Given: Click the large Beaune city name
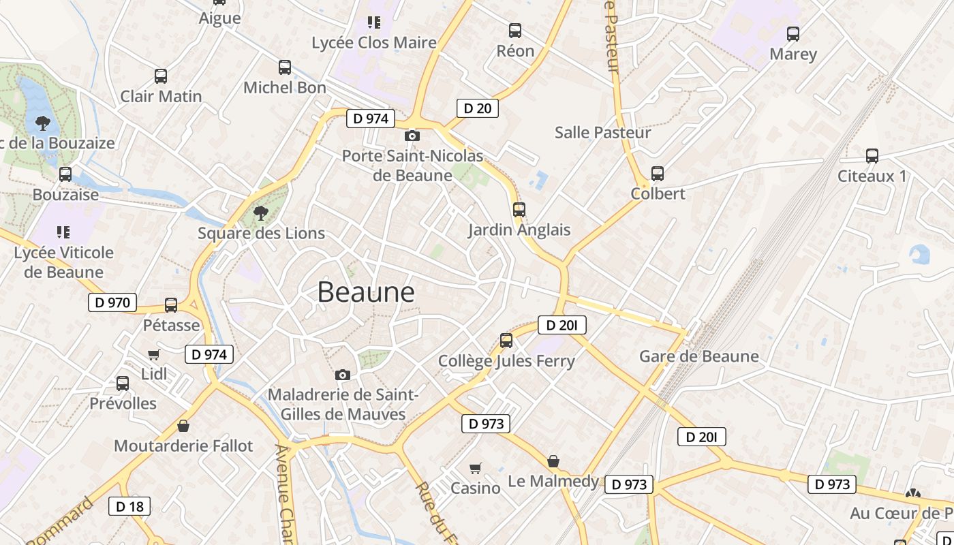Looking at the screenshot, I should click(366, 292).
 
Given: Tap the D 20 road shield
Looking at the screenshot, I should click(477, 108).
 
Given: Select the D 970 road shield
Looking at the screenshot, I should click(112, 302).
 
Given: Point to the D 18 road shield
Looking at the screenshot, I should click(129, 506).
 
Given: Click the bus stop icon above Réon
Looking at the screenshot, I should click(515, 31).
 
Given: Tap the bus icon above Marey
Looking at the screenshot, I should click(793, 33).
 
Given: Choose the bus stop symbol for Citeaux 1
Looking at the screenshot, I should click(872, 156).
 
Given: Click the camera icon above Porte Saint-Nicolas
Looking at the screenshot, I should click(412, 136).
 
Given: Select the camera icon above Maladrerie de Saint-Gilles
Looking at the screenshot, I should click(343, 375).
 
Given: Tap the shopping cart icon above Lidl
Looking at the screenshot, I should click(154, 354).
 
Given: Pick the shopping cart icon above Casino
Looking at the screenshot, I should click(476, 468).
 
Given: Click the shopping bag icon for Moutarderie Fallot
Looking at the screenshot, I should click(183, 426).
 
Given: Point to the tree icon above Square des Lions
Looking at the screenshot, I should click(260, 213).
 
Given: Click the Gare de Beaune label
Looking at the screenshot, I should click(698, 356).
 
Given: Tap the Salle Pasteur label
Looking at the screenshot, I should click(602, 132).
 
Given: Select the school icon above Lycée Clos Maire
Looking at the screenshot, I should click(373, 22).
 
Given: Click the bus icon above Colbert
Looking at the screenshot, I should click(657, 174).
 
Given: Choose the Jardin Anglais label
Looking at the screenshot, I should click(519, 230).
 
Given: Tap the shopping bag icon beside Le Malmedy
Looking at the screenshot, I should click(553, 461).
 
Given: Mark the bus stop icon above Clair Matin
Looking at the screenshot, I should click(161, 76).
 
